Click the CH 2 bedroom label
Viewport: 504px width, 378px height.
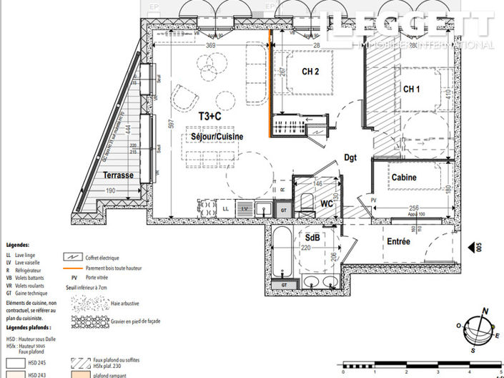click(x=310, y=72)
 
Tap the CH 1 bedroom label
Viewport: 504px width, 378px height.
click(x=411, y=89)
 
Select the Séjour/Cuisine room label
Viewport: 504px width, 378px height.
click(x=216, y=136)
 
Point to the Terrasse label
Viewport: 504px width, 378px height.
click(x=117, y=175)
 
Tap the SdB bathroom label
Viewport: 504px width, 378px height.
click(x=312, y=237)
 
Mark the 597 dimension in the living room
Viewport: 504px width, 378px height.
click(x=172, y=123)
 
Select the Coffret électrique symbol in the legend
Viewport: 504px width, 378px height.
click(x=72, y=257)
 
